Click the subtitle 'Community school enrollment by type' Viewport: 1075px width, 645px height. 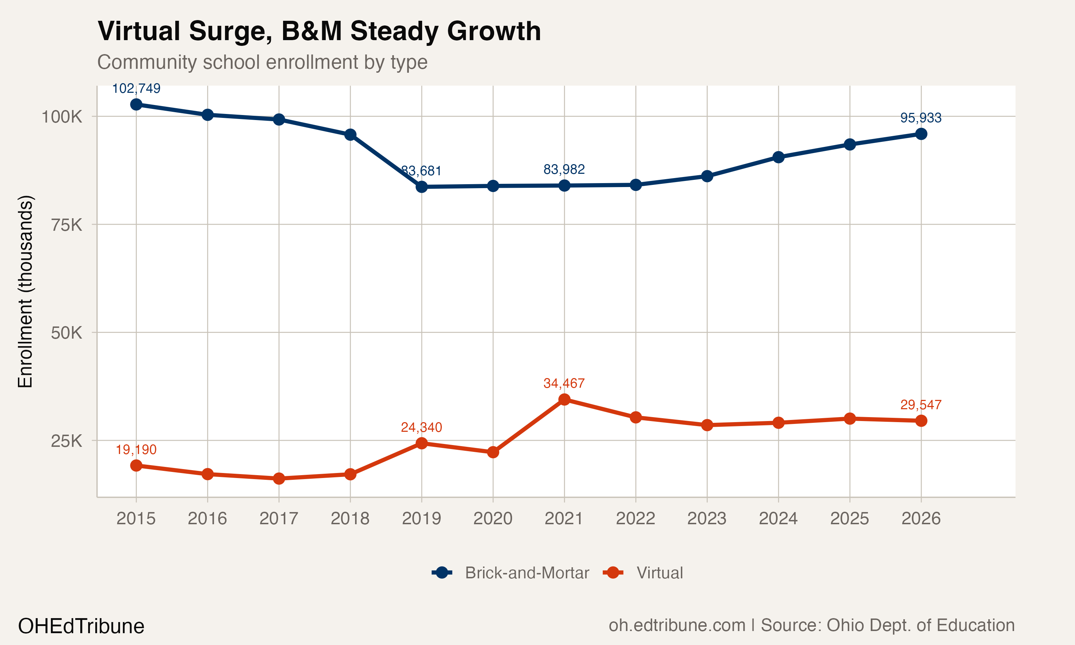262,62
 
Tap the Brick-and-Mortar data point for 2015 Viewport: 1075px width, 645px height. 136,104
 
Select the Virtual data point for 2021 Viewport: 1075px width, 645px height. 564,400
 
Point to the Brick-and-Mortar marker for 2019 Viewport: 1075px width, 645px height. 421,187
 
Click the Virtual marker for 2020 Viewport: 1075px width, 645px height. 493,452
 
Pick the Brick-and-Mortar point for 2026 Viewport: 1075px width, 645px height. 921,134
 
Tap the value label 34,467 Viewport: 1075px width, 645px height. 564,383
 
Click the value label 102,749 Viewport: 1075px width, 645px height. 136,89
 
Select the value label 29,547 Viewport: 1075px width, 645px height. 921,405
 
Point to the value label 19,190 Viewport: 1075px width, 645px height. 136,449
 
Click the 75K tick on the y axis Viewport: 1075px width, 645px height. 67,225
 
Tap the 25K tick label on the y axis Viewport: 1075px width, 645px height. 67,441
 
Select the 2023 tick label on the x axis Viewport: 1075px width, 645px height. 707,519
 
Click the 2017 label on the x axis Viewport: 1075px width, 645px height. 278,519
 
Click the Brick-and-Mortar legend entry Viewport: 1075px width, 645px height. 511,573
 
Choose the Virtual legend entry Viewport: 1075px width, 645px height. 643,573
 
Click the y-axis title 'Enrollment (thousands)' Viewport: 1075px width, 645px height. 25,291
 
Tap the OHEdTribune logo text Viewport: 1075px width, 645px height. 81,626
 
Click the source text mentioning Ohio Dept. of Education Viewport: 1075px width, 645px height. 811,625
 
